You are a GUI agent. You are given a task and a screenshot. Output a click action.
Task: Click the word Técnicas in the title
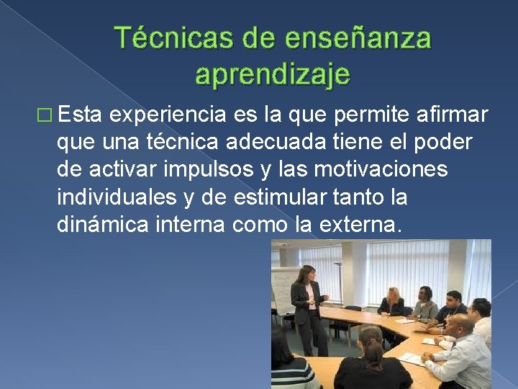(163, 38)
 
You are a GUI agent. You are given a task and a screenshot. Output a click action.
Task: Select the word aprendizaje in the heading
(273, 73)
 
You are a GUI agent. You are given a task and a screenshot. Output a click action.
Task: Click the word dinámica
(101, 225)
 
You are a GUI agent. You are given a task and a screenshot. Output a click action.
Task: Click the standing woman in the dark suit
(308, 303)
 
